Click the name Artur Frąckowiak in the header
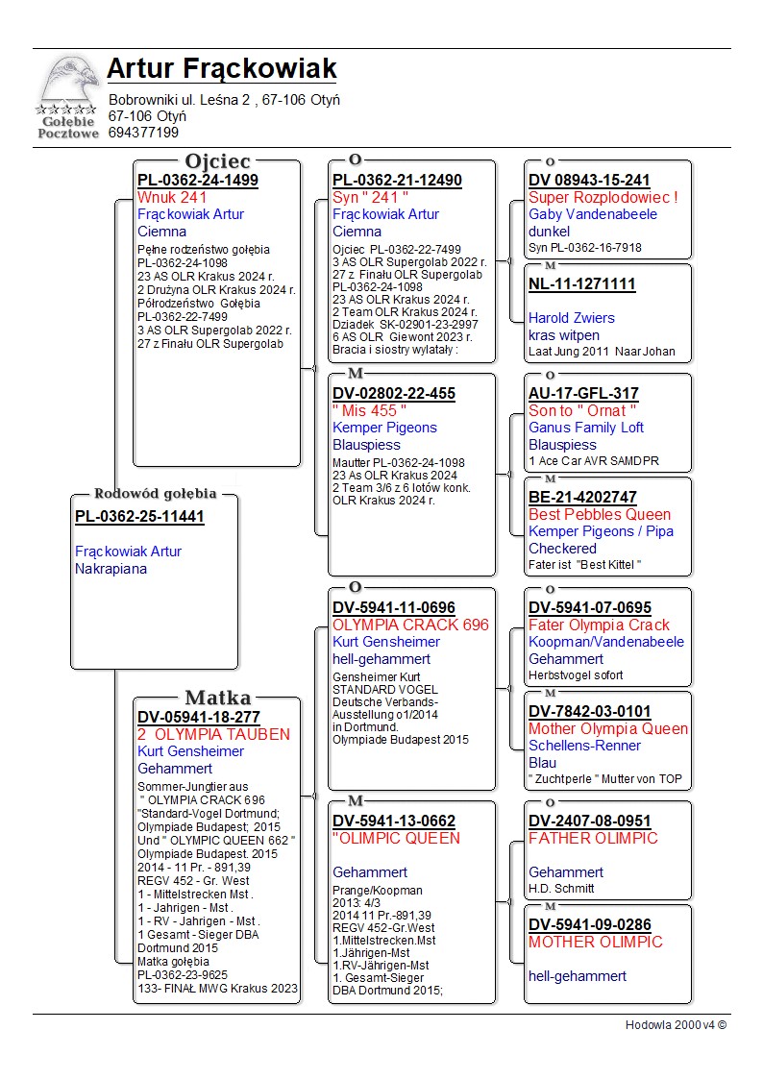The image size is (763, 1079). point(221,69)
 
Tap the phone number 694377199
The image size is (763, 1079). point(143,133)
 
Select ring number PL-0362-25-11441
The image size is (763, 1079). point(139,516)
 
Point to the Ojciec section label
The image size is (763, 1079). point(217,161)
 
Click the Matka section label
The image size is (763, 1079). point(217,699)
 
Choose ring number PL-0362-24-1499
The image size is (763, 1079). point(197,180)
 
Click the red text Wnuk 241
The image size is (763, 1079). point(172,197)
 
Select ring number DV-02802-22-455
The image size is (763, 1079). point(394,393)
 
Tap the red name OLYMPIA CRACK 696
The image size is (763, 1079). point(410,625)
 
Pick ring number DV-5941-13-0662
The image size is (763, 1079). point(394,821)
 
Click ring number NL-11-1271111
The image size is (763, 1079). point(581,283)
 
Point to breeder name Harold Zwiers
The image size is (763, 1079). point(571,318)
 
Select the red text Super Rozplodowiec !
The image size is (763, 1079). point(603,197)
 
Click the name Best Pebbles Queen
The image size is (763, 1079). point(600,514)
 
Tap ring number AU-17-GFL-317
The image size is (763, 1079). point(583,393)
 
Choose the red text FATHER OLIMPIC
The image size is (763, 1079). point(593,838)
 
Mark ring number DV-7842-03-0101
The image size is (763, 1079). point(589,711)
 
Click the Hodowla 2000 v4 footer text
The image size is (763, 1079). point(676,1025)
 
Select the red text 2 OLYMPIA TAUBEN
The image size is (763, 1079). point(213,734)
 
